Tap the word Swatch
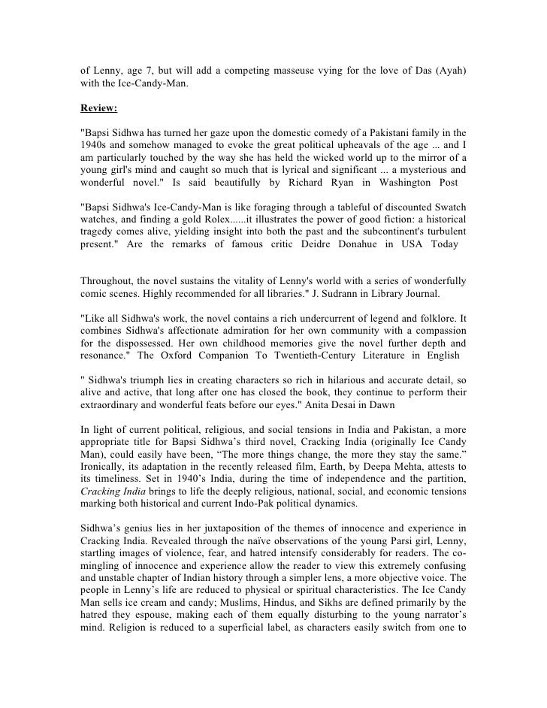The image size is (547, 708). [449, 206]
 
